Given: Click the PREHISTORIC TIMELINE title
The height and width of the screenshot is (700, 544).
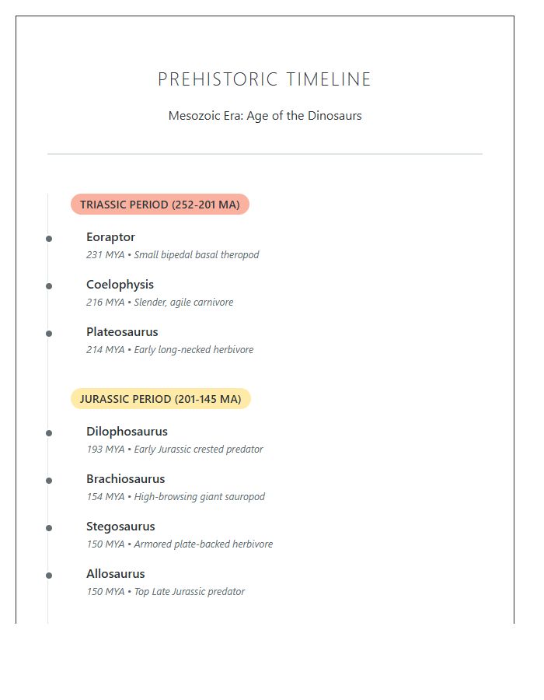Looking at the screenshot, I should (x=264, y=79).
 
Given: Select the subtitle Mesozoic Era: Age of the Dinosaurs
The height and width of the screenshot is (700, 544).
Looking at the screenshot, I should (x=265, y=116).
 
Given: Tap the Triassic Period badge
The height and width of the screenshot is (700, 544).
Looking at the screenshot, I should (x=159, y=205).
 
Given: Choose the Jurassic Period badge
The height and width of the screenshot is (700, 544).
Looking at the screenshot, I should (x=160, y=399).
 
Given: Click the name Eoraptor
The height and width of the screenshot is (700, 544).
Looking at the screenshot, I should (x=110, y=237).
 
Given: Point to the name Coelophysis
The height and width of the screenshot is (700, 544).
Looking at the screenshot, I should (x=120, y=285).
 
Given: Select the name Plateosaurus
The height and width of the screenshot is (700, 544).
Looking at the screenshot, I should (x=122, y=332).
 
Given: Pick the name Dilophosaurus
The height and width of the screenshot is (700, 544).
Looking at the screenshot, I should (x=127, y=432).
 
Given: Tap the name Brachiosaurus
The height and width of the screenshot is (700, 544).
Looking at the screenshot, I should (x=125, y=479).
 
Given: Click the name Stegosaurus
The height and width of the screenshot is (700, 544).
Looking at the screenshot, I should (x=120, y=527).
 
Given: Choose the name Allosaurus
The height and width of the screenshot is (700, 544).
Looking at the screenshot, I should (x=115, y=574).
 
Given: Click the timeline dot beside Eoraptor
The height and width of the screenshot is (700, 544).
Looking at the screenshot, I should (x=49, y=239).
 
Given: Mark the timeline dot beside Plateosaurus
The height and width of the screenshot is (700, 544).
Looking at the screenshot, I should (x=49, y=334).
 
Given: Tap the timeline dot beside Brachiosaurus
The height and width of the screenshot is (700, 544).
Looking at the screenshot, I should (x=49, y=481).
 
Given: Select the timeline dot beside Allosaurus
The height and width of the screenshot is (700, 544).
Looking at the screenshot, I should (x=49, y=576).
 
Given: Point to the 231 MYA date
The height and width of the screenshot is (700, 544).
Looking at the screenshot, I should (x=105, y=255).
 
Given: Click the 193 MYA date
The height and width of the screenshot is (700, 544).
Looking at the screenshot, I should (x=105, y=450).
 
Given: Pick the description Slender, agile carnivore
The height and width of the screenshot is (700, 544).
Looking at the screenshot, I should (x=183, y=303).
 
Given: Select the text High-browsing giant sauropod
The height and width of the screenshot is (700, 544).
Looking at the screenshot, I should (x=200, y=497).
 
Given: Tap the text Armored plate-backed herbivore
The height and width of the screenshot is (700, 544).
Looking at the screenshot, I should (x=204, y=544).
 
